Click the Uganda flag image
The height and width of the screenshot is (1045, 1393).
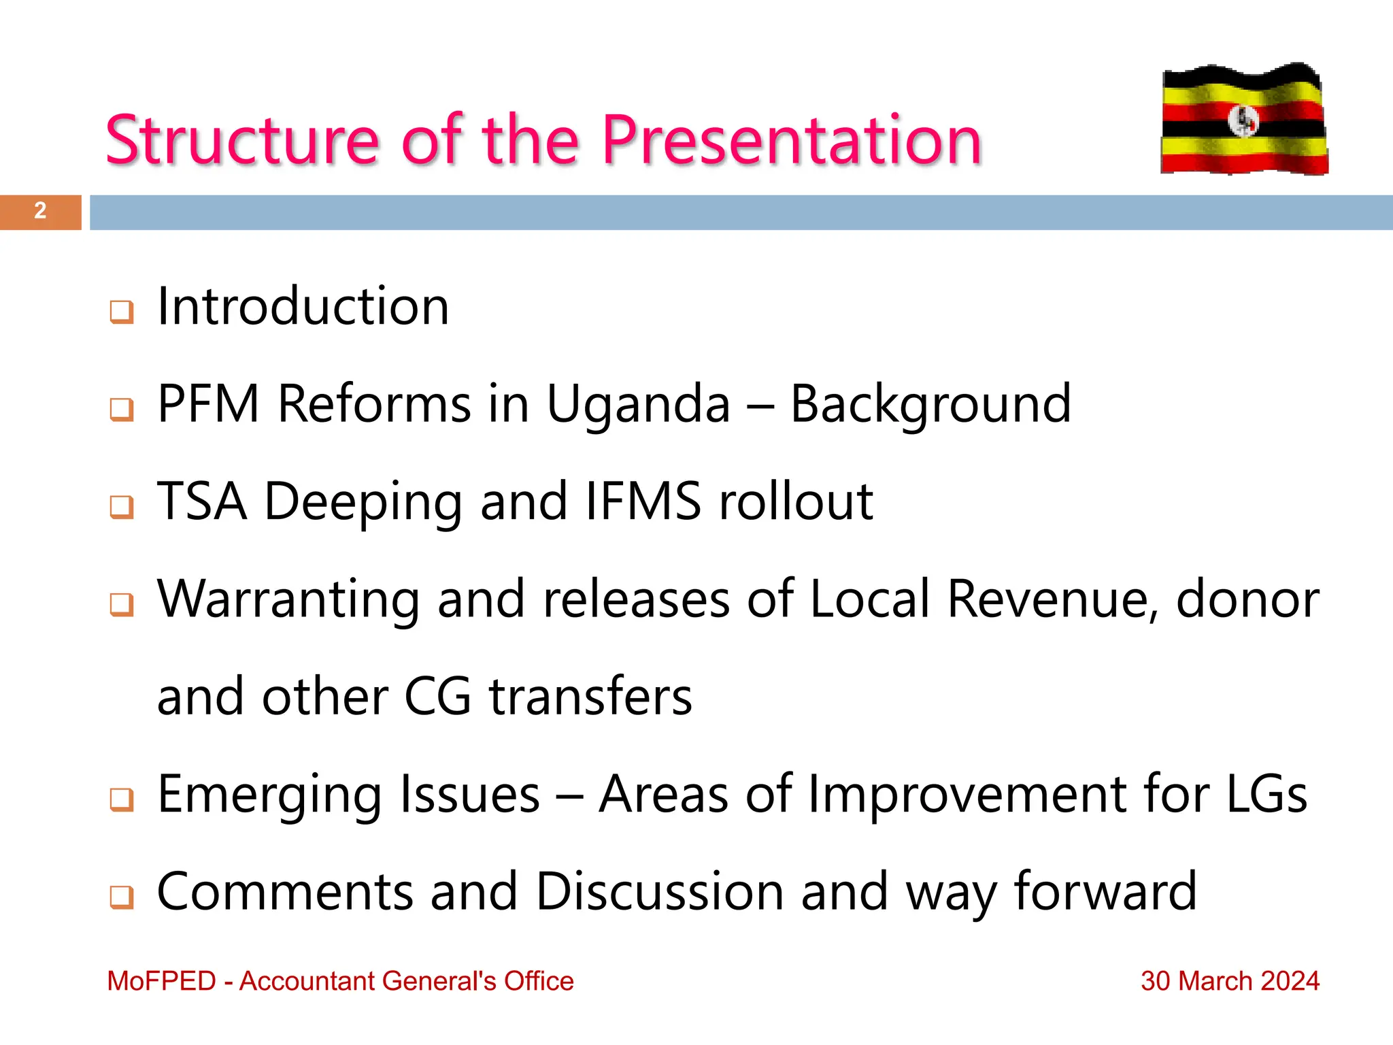pos(1244,119)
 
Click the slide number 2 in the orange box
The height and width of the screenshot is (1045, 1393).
pos(40,211)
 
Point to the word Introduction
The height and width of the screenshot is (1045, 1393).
pos(303,307)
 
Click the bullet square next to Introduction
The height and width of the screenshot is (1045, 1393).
pos(122,312)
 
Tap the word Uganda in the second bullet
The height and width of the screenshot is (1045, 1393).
pos(638,404)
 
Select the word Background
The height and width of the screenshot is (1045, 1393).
pos(930,405)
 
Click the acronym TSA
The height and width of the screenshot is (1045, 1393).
pos(202,501)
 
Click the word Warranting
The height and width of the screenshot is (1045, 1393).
pos(288,600)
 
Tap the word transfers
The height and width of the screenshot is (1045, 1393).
pos(590,697)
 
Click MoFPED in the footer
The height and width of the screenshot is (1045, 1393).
pos(162,981)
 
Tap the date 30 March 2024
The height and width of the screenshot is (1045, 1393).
pos(1230,981)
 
